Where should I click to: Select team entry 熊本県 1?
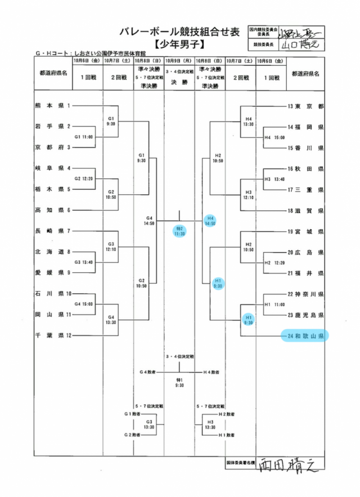tap(53, 105)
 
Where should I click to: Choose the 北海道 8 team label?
tap(53, 252)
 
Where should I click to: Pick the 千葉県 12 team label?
tap(53, 335)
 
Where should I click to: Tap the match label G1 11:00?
tap(84, 137)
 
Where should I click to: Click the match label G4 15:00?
tap(84, 305)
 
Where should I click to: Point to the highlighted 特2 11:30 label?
tap(179, 231)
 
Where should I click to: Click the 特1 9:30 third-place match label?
tap(179, 383)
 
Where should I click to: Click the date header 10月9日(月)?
tap(179, 60)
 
